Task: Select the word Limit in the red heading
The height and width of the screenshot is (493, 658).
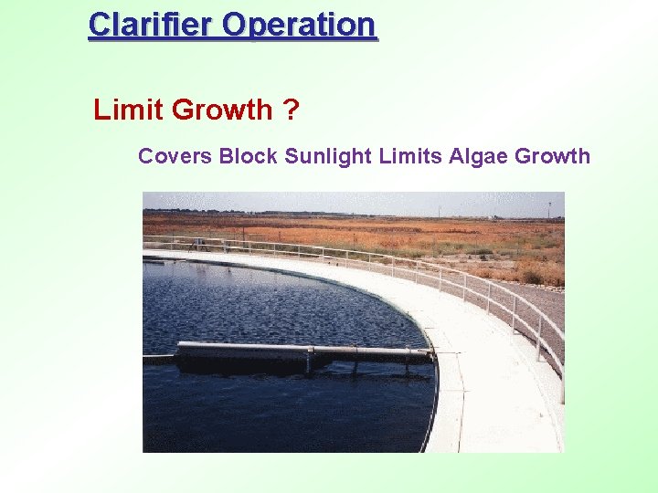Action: point(129,110)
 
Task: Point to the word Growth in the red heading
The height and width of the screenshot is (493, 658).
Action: point(221,110)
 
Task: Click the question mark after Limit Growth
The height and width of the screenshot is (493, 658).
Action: point(290,110)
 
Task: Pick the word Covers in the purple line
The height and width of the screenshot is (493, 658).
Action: point(175,156)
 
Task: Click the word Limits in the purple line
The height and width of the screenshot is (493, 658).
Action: point(411,156)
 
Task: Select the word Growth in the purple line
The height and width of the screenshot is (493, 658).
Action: point(553,156)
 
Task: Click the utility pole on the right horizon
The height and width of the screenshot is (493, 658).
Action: point(549,209)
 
